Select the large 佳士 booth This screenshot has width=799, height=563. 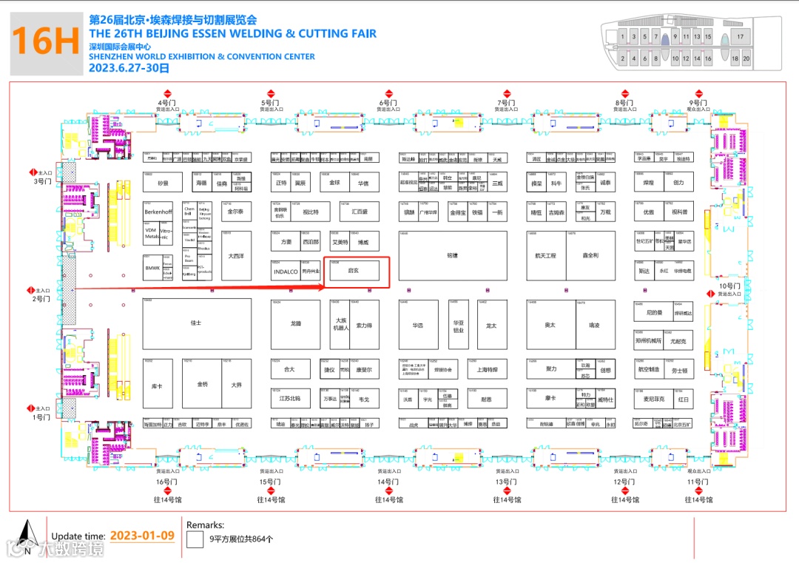pos(195,323)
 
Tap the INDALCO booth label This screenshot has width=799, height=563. pos(285,272)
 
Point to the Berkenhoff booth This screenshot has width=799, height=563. pos(158,212)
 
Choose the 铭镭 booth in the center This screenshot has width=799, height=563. pos(452,255)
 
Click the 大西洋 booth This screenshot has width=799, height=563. pos(236,256)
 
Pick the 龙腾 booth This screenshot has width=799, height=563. pos(296,323)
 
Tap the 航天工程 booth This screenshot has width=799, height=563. pos(545,255)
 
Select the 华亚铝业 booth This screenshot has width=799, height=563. pos(458,326)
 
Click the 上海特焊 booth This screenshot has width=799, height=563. pos(488,369)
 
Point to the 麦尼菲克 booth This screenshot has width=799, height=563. pos(653,399)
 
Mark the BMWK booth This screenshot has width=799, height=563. pos(152,268)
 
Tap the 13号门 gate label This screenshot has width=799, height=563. pos(505,482)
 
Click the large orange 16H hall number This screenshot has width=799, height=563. pos(46,41)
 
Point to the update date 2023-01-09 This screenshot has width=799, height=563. pos(142,536)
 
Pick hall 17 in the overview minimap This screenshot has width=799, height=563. pos(740,36)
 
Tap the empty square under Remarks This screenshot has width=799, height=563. pos(195,539)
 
